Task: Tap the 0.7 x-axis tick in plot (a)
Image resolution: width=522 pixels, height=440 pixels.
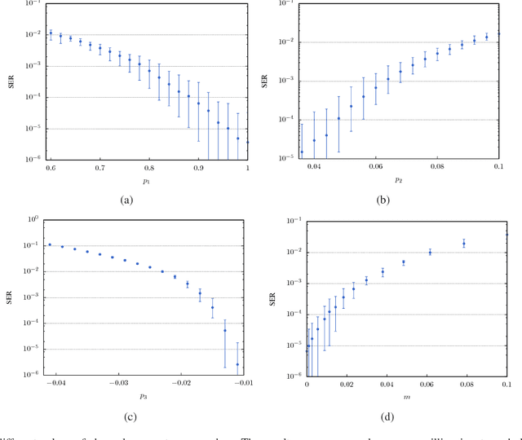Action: pyautogui.click(x=100, y=167)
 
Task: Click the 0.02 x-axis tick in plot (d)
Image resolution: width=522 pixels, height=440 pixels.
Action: pyautogui.click(x=347, y=384)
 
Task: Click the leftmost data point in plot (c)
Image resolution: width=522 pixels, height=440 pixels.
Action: pyautogui.click(x=50, y=244)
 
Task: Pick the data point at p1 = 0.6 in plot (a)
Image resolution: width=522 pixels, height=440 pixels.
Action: pyautogui.click(x=50, y=33)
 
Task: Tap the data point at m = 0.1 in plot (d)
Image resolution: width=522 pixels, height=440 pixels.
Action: pyautogui.click(x=506, y=235)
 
